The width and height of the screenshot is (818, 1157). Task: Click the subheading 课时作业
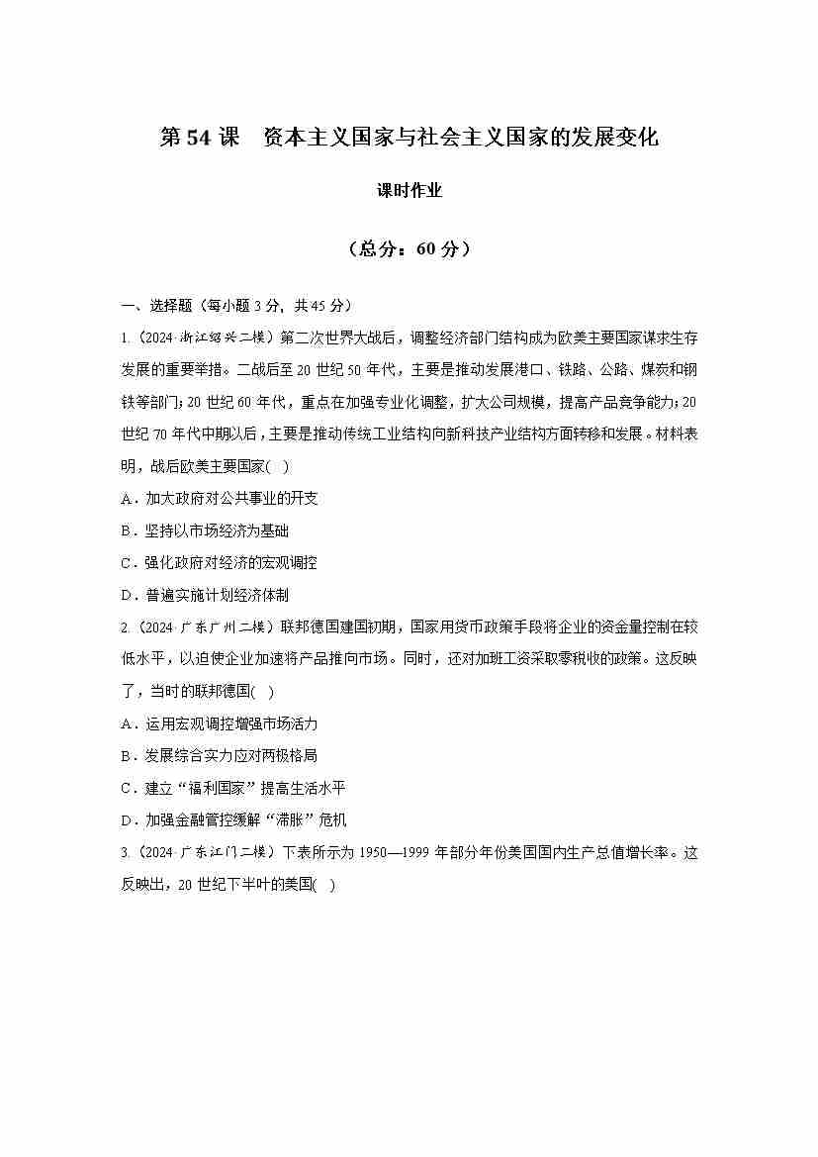click(409, 191)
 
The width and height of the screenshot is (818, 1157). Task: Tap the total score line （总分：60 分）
click(409, 249)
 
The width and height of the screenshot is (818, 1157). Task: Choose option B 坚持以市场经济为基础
click(205, 530)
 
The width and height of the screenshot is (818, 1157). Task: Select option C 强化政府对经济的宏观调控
click(220, 562)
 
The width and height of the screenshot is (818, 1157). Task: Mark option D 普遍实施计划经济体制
click(205, 595)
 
